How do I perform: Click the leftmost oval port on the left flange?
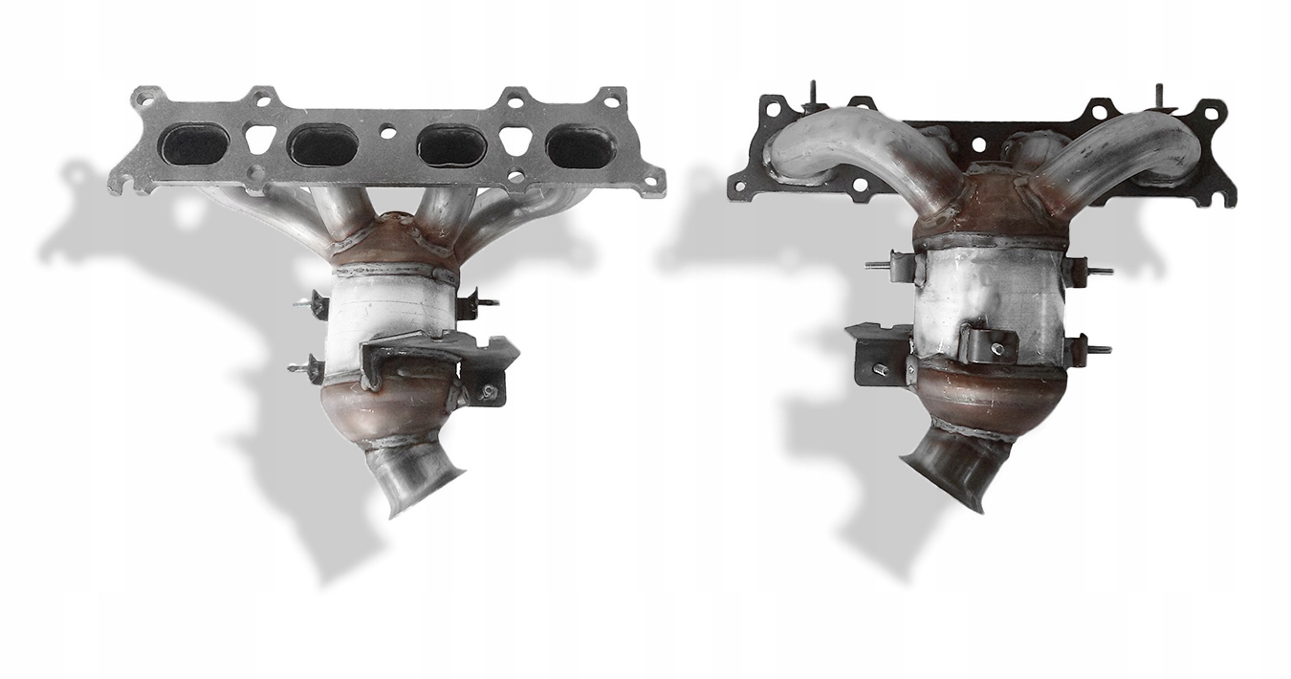[194, 144]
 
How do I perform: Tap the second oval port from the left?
[322, 145]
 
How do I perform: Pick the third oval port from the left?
[451, 146]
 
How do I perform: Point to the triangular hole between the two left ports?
[259, 140]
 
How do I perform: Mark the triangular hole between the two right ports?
[515, 141]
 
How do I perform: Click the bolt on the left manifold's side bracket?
[488, 391]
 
